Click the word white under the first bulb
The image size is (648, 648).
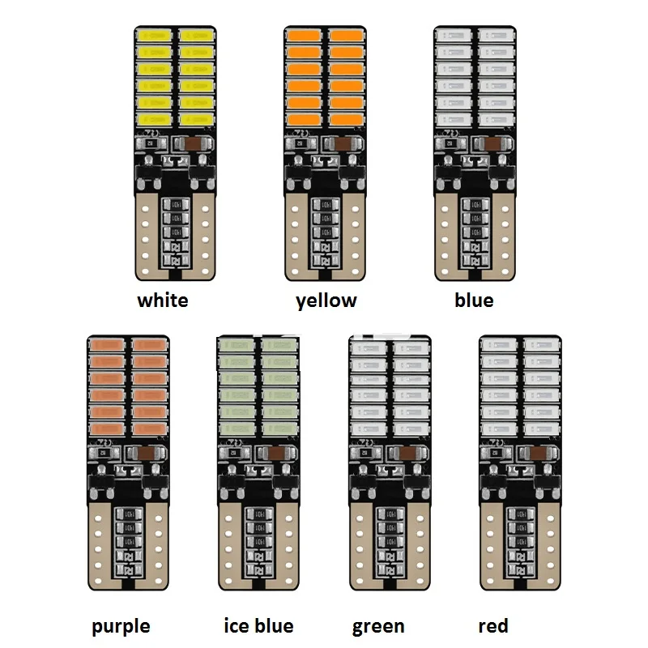pyautogui.click(x=163, y=301)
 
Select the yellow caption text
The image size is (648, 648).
pyautogui.click(x=326, y=301)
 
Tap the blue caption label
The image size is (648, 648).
pyautogui.click(x=474, y=301)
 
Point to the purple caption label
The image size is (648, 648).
pyautogui.click(x=121, y=626)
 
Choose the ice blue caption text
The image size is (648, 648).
pyautogui.click(x=258, y=625)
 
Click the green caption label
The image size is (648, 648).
pyautogui.click(x=378, y=626)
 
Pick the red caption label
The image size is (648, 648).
pyautogui.click(x=493, y=625)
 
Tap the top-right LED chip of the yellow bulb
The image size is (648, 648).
pyautogui.click(x=347, y=36)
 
